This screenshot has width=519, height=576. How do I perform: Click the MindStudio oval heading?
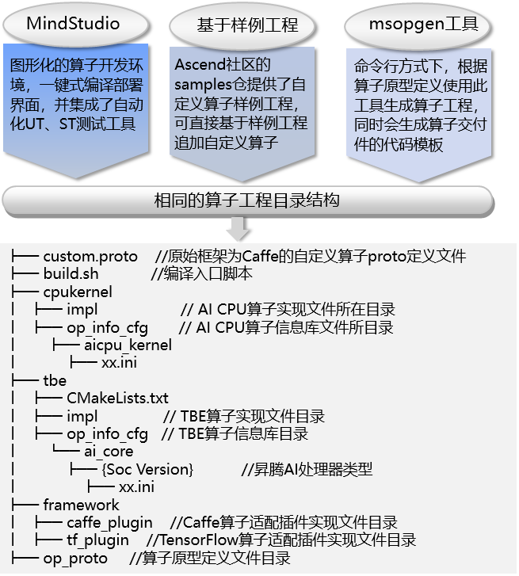[75, 24]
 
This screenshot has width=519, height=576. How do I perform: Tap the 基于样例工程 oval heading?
[242, 25]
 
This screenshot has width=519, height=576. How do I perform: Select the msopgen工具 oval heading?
[418, 25]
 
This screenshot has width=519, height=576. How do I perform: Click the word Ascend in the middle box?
[200, 65]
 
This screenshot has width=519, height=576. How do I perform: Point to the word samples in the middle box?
[203, 85]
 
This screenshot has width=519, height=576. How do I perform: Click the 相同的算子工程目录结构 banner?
[248, 201]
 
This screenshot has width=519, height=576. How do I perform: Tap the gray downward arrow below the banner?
[238, 228]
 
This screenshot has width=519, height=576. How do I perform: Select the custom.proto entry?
[90, 257]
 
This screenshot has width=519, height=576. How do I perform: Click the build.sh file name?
[71, 274]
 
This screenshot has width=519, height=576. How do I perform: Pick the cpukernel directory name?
[78, 292]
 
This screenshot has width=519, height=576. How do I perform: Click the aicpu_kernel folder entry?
[128, 345]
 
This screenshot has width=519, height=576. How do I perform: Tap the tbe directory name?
[55, 380]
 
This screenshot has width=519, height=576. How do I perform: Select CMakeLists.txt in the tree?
[117, 399]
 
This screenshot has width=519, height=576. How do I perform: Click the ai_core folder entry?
[109, 452]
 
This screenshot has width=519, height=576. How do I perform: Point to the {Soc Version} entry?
[147, 470]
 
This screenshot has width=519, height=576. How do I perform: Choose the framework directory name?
[81, 505]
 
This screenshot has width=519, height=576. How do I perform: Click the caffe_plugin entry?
[109, 523]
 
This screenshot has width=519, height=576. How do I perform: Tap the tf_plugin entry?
[97, 540]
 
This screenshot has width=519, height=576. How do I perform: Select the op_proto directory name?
[75, 559]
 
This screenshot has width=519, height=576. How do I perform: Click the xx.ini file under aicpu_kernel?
[120, 363]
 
